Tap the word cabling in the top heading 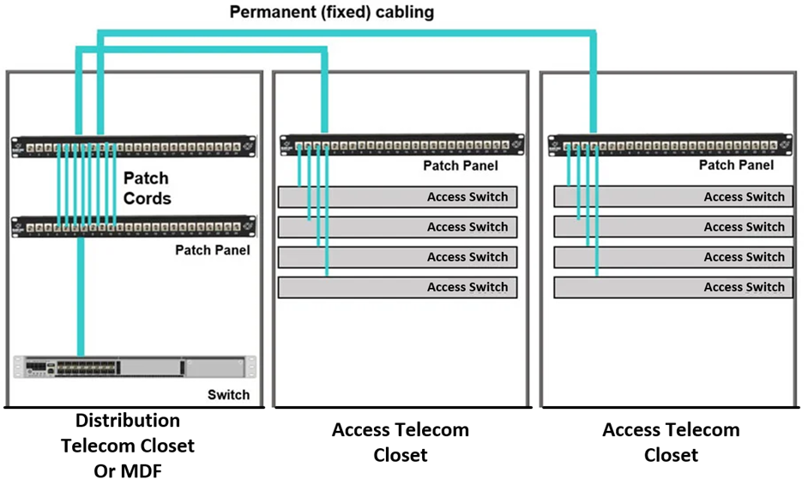(405, 12)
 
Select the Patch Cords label (147, 189)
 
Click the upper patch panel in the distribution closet (134, 147)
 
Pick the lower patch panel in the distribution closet (134, 227)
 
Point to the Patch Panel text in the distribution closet (213, 250)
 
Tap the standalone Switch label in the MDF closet (228, 394)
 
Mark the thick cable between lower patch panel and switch (81, 296)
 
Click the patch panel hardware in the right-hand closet (670, 146)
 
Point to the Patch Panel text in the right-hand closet (736, 165)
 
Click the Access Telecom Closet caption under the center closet (401, 441)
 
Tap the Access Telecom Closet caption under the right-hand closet (671, 441)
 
